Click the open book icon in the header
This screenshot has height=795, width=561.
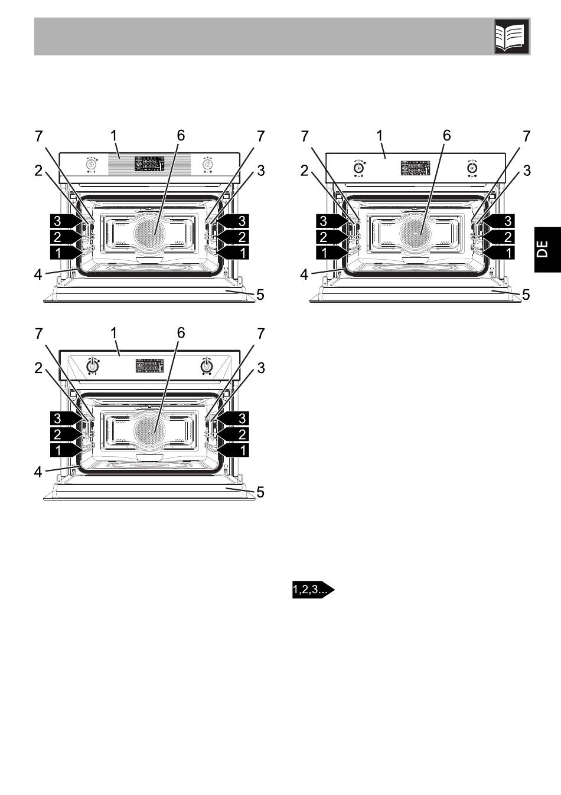tap(511, 36)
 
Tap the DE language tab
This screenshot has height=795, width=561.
tap(547, 249)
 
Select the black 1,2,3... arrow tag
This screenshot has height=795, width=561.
tap(313, 590)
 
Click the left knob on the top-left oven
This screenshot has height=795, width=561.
tap(92, 165)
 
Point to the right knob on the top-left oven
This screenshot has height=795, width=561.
tap(207, 165)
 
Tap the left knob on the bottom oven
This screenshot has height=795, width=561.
tap(92, 365)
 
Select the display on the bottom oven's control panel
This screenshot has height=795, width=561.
tap(149, 365)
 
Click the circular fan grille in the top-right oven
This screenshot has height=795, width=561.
tap(415, 233)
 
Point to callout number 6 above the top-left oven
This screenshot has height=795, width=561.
tap(181, 135)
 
